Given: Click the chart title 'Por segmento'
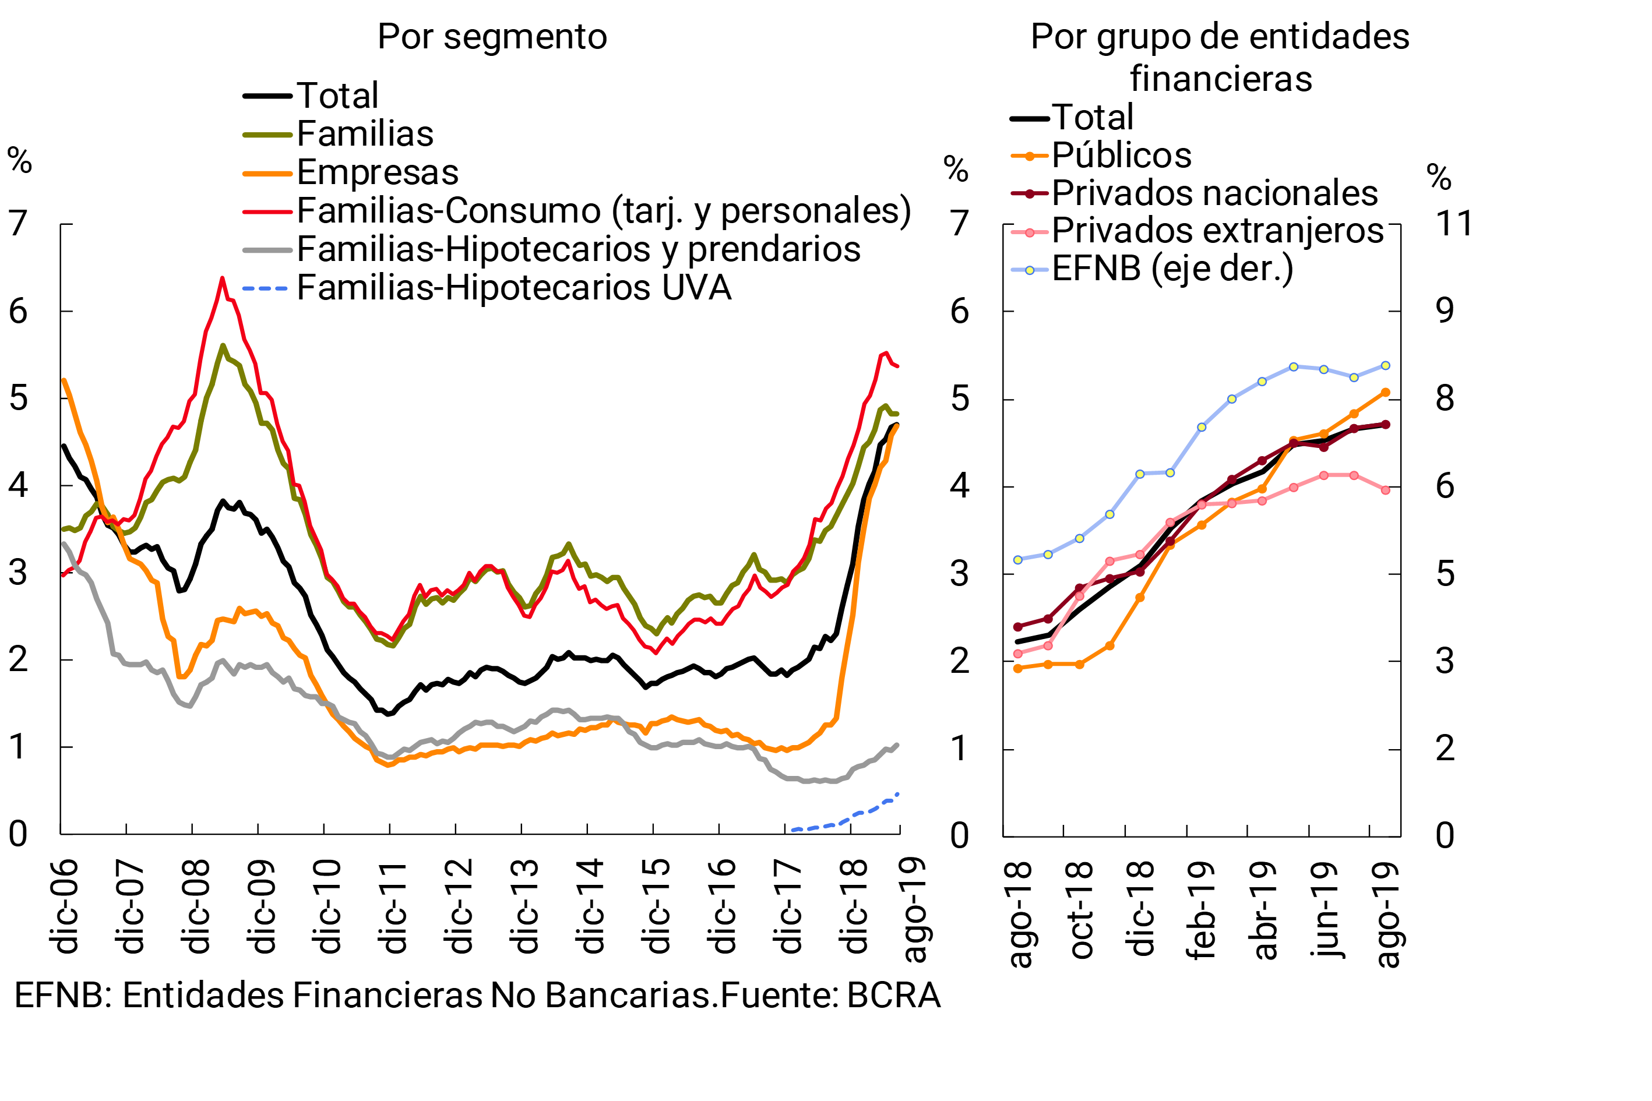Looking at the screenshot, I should [492, 37].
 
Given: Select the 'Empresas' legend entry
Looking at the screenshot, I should [377, 172].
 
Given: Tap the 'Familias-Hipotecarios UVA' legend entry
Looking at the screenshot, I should [513, 287].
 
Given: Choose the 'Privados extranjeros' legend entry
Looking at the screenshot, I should [1217, 230].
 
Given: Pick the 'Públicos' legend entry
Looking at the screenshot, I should [1121, 155].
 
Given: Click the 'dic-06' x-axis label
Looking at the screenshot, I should [65, 906].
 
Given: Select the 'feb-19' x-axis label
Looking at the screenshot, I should [1200, 911].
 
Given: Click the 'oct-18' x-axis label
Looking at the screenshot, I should [1080, 911].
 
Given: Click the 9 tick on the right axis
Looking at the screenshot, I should [1444, 310].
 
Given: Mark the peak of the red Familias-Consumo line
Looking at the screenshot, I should [222, 278].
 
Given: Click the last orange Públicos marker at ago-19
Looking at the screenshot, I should [1385, 393].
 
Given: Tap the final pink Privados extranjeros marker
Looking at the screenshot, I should [1385, 490].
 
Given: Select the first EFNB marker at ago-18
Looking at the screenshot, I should [1018, 560].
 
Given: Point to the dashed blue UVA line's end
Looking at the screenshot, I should [897, 794].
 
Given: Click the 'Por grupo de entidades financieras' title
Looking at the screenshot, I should [1220, 57].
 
